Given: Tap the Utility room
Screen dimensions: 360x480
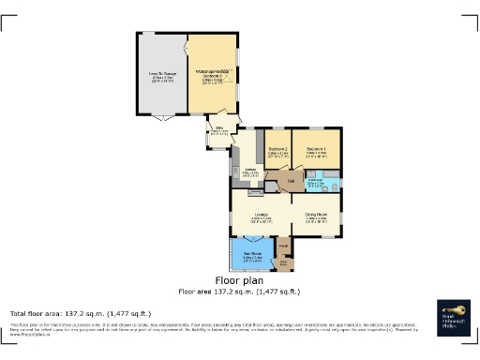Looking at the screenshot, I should (219, 133).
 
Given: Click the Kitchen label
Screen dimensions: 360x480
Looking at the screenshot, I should (250, 172).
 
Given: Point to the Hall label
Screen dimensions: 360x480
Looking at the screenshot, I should (291, 180).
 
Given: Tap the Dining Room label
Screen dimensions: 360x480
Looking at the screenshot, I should (316, 217).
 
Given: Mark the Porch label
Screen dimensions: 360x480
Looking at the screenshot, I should (282, 246).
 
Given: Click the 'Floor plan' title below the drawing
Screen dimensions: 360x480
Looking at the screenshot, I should (239, 280).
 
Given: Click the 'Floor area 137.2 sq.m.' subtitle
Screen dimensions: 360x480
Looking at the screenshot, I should (239, 292).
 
